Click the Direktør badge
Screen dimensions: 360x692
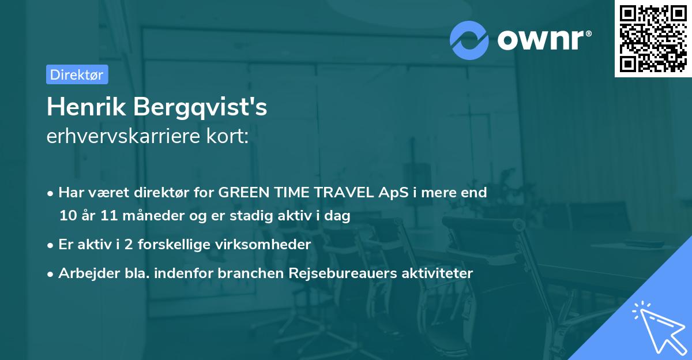(x=77, y=75)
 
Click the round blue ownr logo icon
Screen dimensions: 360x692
(x=469, y=40)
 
